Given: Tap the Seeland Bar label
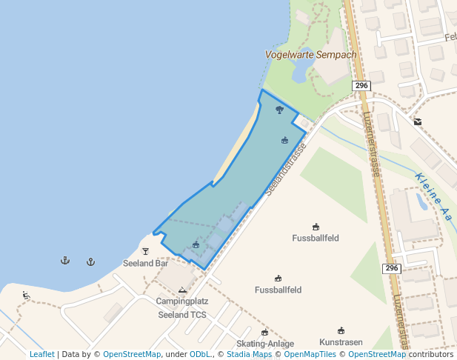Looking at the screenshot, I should (x=146, y=263).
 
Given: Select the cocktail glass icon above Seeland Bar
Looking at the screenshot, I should (x=145, y=251).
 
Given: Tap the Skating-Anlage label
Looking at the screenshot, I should (x=265, y=344).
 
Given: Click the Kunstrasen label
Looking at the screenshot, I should (x=341, y=342).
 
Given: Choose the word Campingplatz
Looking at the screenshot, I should (x=182, y=301).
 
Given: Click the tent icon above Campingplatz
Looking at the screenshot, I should (x=182, y=290).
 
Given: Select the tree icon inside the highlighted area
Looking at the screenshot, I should (x=279, y=110).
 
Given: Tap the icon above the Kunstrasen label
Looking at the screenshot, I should (x=341, y=330).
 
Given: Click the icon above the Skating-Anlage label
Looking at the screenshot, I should (x=264, y=332).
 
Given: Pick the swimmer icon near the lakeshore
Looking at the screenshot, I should (x=27, y=296).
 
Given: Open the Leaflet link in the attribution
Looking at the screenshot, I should (x=42, y=355).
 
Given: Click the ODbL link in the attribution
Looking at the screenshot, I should (x=199, y=355).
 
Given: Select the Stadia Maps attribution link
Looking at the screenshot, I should (x=249, y=355).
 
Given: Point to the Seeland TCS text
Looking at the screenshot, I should (x=182, y=314).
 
